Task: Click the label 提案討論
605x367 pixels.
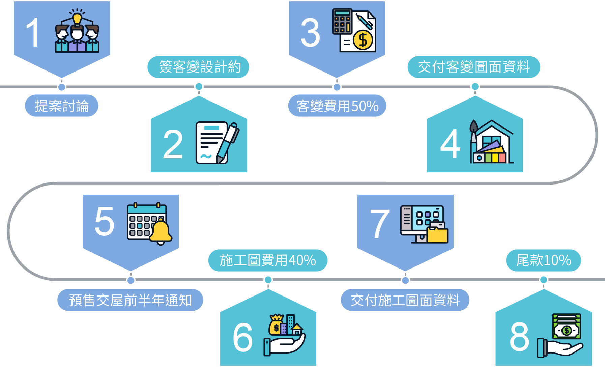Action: [61, 106]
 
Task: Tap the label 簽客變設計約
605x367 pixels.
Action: [199, 67]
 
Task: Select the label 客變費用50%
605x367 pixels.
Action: [337, 106]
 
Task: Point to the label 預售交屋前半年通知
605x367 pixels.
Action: [130, 300]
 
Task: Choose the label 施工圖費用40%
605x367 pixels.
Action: [268, 260]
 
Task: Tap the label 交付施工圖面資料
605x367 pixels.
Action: [405, 300]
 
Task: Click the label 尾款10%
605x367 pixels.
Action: [543, 260]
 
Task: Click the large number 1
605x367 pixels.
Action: [33, 33]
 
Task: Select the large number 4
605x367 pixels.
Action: [450, 144]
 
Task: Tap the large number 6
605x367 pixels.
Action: [242, 337]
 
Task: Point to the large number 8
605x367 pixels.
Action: [519, 336]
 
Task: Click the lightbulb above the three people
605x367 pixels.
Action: [77, 19]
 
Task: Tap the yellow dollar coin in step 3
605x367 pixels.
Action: [363, 40]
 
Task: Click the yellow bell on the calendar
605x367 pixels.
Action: [161, 232]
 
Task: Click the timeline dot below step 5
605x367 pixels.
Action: [131, 280]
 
